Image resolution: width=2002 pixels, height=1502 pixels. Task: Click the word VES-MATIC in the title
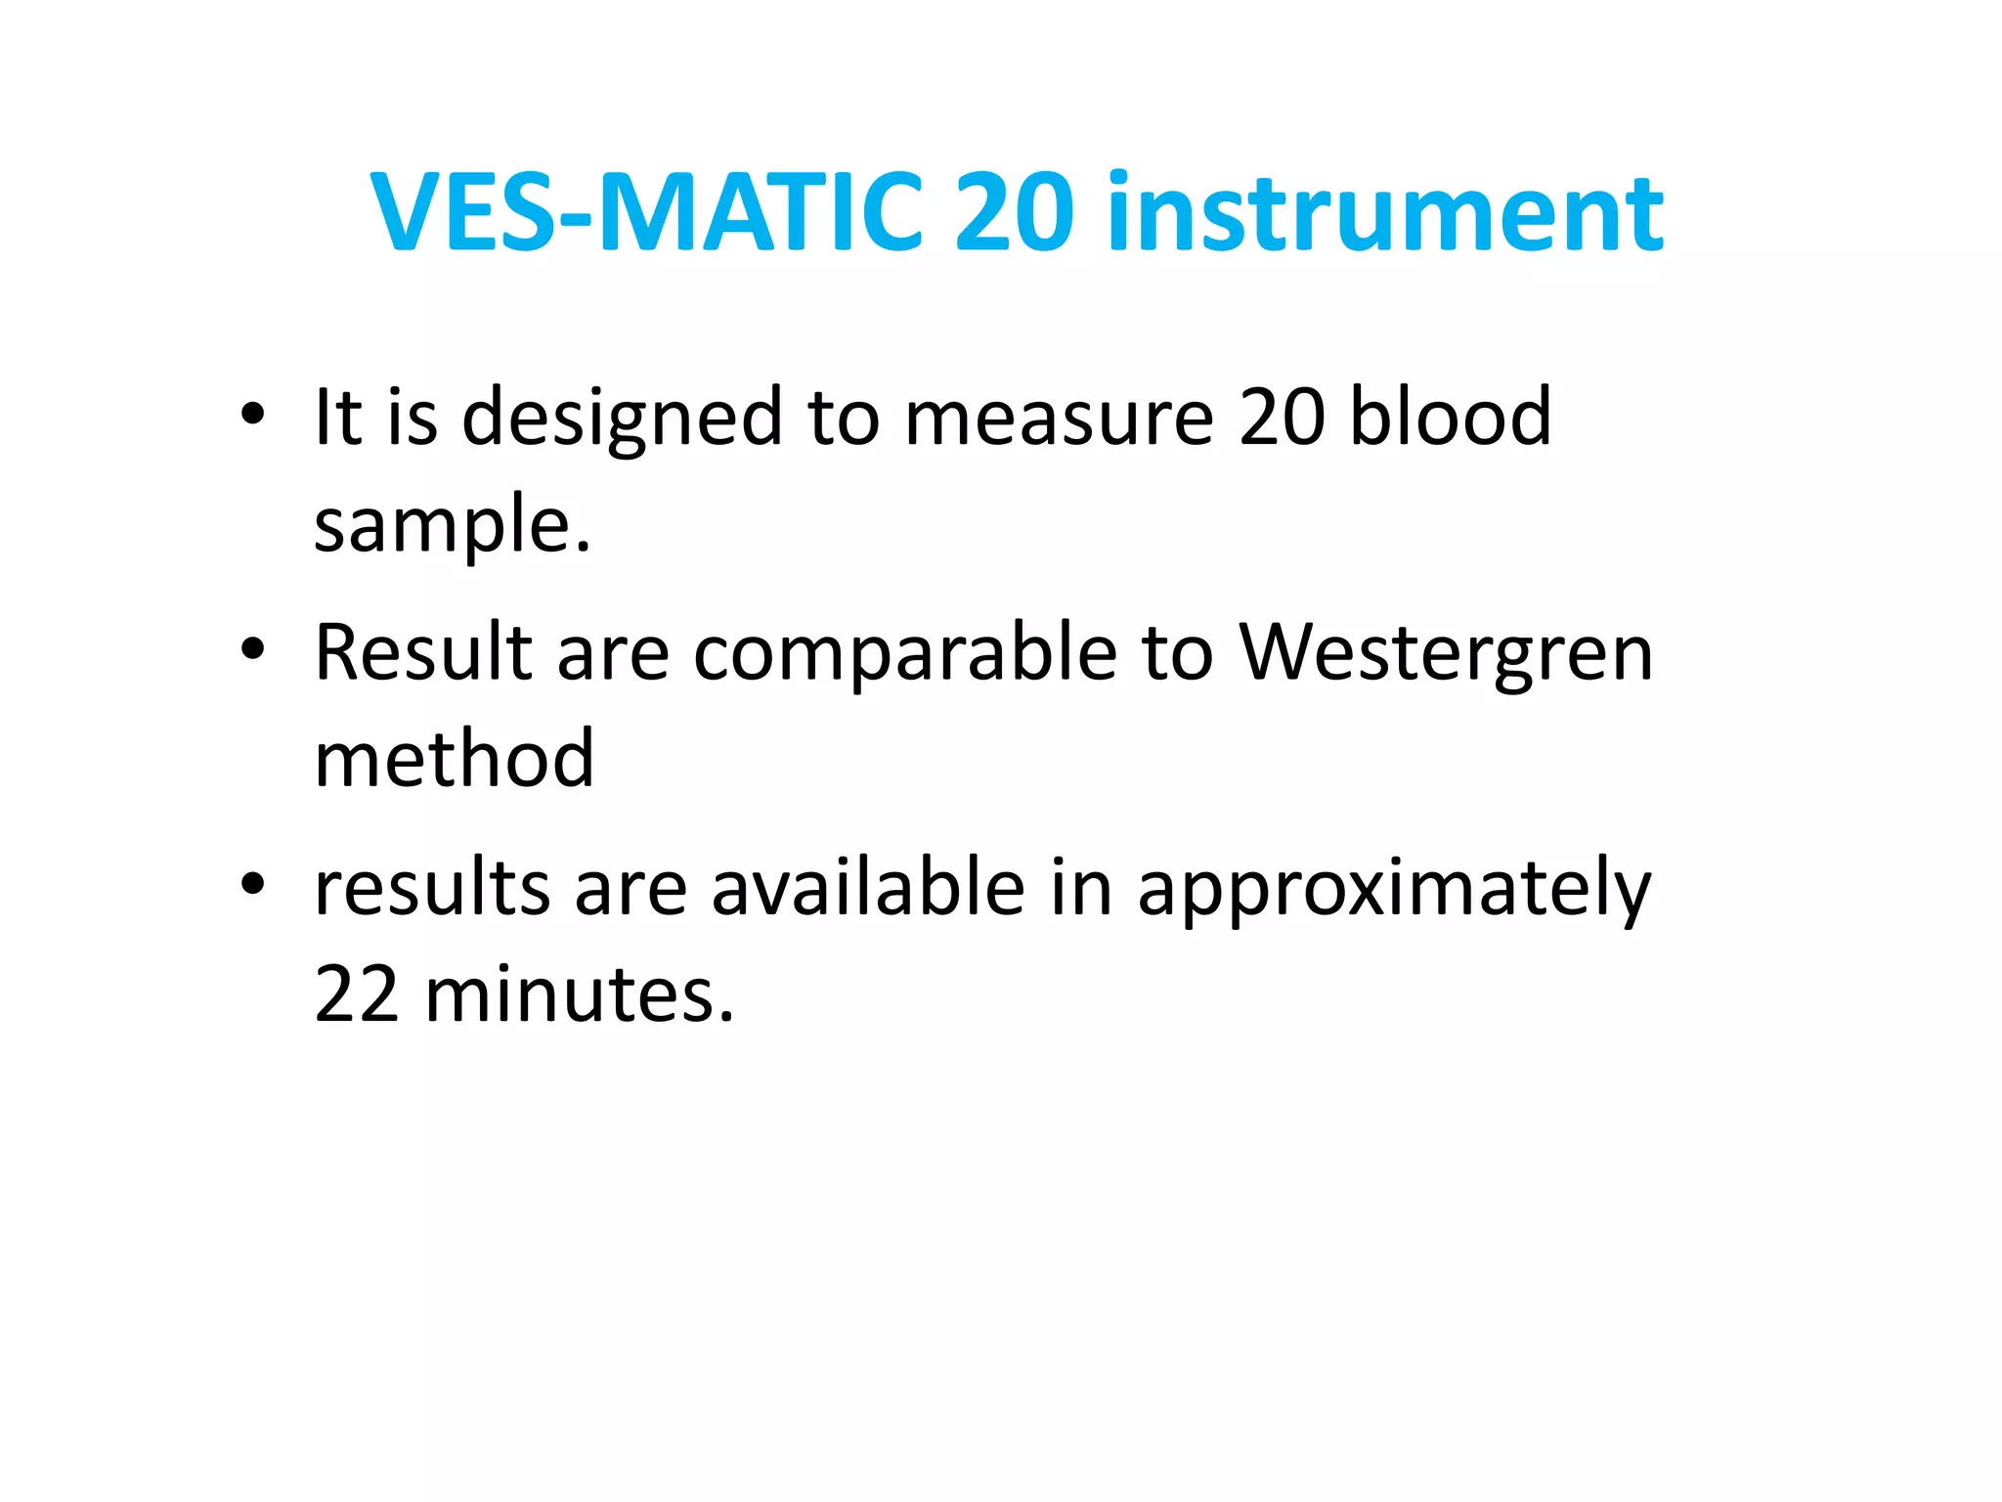point(646,212)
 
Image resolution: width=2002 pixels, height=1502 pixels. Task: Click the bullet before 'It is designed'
point(252,415)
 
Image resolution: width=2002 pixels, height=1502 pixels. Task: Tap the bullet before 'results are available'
point(252,885)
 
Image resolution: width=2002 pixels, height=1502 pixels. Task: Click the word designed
point(622,419)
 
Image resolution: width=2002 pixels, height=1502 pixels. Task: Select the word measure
point(1059,419)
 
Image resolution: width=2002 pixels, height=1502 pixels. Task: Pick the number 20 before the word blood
point(1281,417)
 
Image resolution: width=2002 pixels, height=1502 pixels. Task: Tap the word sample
point(452,525)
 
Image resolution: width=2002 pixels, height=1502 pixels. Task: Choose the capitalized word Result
point(422,652)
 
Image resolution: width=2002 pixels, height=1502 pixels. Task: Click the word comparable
point(904,654)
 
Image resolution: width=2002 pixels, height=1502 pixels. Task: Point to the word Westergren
point(1446,654)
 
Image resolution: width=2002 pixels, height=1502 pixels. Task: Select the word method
point(454,759)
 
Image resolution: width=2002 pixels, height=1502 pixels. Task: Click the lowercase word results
point(432,888)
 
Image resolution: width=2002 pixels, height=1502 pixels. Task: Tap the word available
point(867,888)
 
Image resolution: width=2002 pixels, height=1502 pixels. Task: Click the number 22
point(357,994)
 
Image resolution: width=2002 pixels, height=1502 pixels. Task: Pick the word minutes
point(578,994)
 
